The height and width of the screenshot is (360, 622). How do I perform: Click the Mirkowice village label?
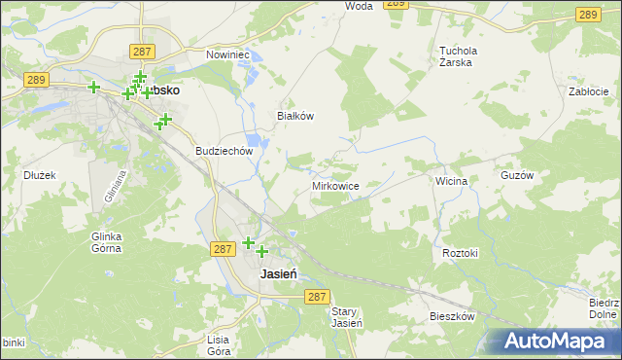pos(336,185)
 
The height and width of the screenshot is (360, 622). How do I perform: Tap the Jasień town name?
pos(279,274)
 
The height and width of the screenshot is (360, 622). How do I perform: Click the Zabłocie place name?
pos(588,91)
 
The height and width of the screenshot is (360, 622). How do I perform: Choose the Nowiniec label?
pos(228,55)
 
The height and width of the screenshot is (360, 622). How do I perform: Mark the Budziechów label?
pos(225,152)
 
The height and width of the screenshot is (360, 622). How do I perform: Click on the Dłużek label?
pos(40,175)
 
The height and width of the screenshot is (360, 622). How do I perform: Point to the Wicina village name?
pos(452,181)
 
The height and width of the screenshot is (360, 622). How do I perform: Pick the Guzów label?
pos(544,175)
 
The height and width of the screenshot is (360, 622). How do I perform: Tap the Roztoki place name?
pos(461,253)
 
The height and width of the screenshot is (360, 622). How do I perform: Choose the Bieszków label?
pos(452,317)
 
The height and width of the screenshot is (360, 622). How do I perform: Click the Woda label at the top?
pos(360,6)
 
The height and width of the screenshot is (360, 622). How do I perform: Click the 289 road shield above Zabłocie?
pos(587,14)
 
